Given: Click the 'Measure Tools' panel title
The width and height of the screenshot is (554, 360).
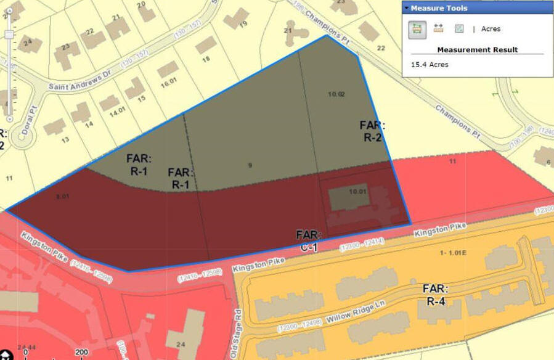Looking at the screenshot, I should (x=439, y=8).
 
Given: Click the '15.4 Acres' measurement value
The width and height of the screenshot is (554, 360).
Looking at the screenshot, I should (x=430, y=64).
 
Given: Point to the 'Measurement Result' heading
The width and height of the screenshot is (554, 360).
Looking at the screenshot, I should (x=477, y=49).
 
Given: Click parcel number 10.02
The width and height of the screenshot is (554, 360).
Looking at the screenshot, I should (x=336, y=94).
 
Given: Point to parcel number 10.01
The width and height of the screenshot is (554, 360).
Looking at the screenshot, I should (x=357, y=192).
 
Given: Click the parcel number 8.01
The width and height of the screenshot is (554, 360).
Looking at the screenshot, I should (x=62, y=197).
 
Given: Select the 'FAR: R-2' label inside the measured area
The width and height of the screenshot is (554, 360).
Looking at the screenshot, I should (x=372, y=131).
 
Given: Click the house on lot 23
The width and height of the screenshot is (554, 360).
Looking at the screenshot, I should (x=67, y=54).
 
